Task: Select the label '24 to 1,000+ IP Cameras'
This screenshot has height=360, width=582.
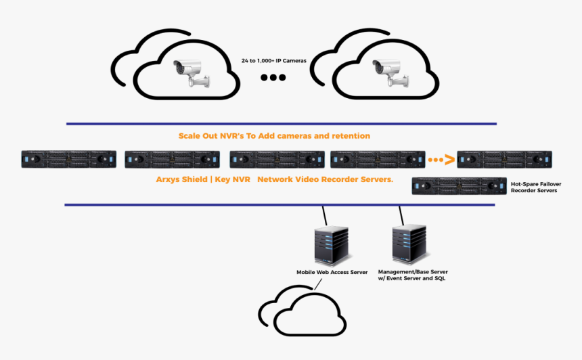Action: tap(273, 61)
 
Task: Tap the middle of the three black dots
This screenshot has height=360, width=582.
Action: tap(273, 78)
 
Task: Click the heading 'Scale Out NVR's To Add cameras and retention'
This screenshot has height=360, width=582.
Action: tap(274, 136)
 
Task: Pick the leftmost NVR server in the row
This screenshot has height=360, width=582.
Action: tap(68, 160)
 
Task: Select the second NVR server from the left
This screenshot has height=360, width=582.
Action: tap(173, 160)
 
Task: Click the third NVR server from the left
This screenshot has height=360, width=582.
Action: tap(277, 160)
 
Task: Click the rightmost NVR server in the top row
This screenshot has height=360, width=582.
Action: tap(505, 160)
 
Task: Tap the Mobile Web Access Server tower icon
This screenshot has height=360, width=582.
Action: tap(332, 246)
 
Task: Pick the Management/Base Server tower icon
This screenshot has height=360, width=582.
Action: tap(409, 244)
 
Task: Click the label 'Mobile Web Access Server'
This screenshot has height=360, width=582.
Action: tap(332, 272)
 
